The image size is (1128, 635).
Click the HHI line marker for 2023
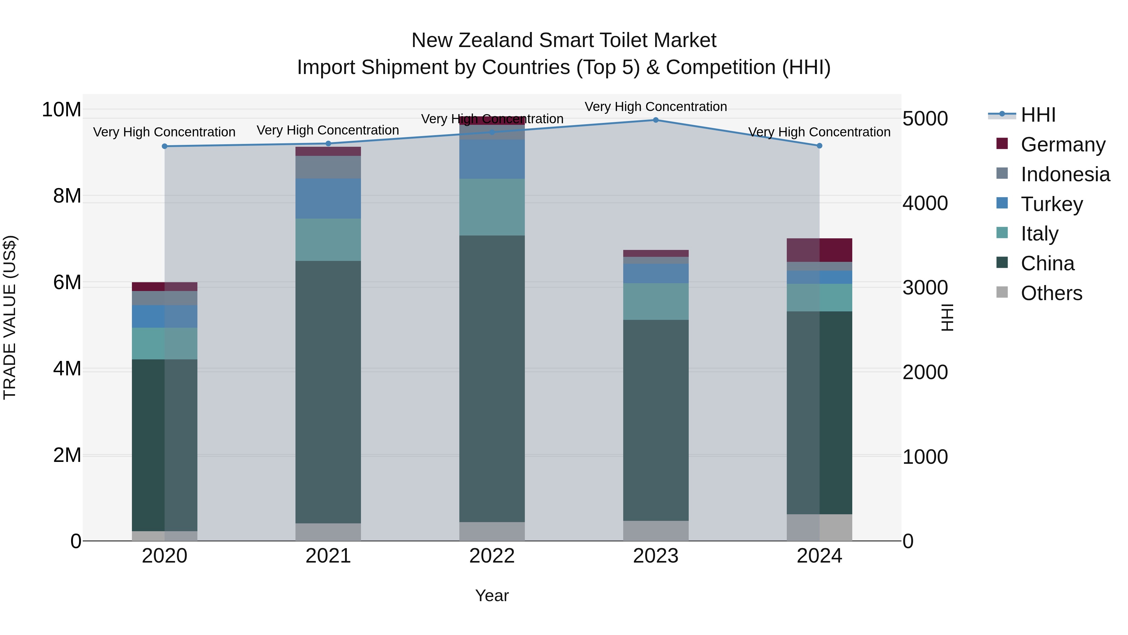click(655, 120)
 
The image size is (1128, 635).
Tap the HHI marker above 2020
click(164, 146)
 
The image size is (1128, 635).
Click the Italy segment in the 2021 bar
click(328, 240)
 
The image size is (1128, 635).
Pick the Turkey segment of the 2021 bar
click(328, 198)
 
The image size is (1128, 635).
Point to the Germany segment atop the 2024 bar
click(819, 250)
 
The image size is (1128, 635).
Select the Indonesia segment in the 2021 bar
click(328, 167)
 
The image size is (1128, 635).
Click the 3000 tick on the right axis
click(925, 288)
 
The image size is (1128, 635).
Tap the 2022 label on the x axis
click(492, 556)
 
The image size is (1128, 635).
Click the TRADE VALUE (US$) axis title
click(10, 317)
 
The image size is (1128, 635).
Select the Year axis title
click(492, 595)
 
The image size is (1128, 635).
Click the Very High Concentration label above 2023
click(655, 107)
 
